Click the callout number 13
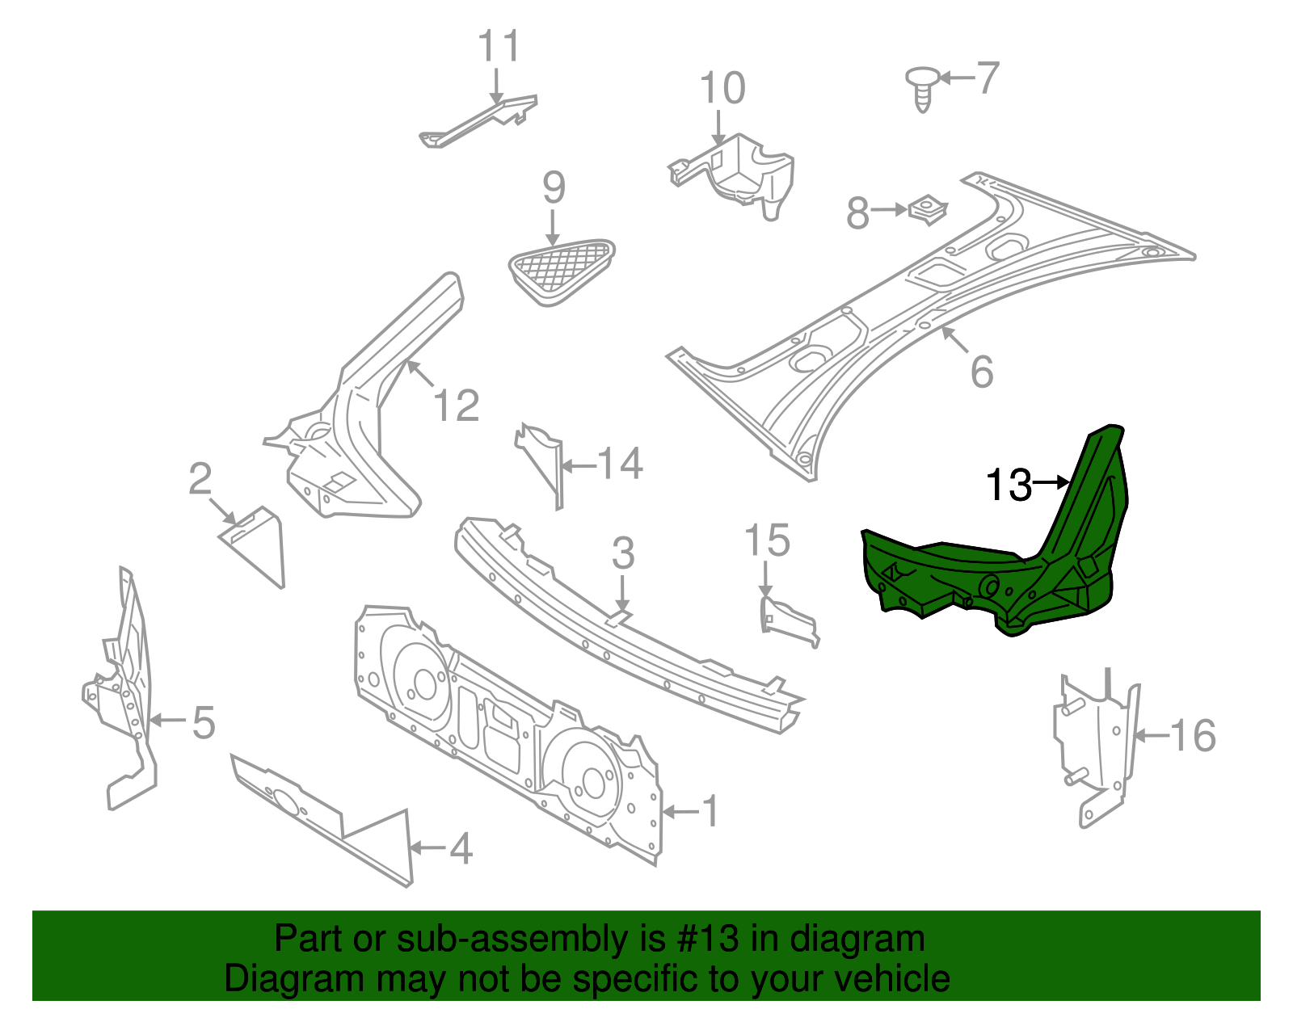1009,486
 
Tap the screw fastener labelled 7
921,88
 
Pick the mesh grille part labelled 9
560,270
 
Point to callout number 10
722,88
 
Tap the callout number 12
457,406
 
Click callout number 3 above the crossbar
623,554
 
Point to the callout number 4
460,849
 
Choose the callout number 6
981,372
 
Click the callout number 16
1193,736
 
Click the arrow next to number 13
1051,482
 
